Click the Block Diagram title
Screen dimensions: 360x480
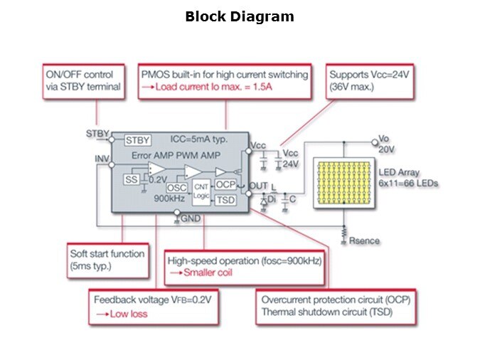pyautogui.click(x=239, y=16)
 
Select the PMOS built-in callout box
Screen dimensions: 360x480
pyautogui.click(x=225, y=81)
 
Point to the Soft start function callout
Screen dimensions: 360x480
pyautogui.click(x=107, y=260)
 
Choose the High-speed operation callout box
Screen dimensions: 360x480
pyautogui.click(x=245, y=266)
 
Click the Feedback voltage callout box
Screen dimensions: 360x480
pyautogui.click(x=152, y=306)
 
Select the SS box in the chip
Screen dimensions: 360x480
pyautogui.click(x=131, y=179)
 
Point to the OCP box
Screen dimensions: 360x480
pyautogui.click(x=225, y=185)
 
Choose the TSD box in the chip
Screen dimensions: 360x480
pyautogui.click(x=225, y=200)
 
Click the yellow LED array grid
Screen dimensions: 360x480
pyautogui.click(x=343, y=183)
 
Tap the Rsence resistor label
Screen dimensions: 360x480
pyautogui.click(x=364, y=241)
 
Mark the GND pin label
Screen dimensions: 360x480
pyautogui.click(x=189, y=219)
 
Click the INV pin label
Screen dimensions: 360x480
pyautogui.click(x=102, y=158)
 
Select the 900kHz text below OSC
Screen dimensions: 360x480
pyautogui.click(x=170, y=199)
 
